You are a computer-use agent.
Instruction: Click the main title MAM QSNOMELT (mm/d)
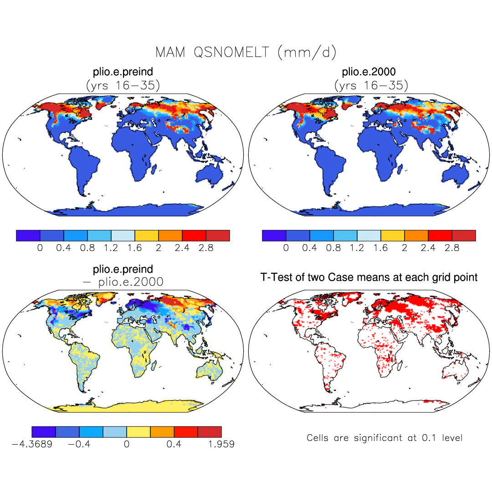click(246, 52)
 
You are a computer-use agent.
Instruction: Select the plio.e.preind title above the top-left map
click(123, 72)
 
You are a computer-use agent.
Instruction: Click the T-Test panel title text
click(369, 277)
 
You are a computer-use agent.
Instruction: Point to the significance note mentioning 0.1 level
click(384, 438)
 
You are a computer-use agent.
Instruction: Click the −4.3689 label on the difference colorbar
click(32, 444)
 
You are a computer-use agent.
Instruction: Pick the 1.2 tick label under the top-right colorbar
click(357, 248)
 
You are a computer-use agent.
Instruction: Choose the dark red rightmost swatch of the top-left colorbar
click(218, 235)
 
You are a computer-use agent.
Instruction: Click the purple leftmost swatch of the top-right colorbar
click(274, 235)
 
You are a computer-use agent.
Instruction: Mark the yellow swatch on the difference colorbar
click(138, 431)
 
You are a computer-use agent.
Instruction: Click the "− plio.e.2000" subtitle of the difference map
click(123, 282)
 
